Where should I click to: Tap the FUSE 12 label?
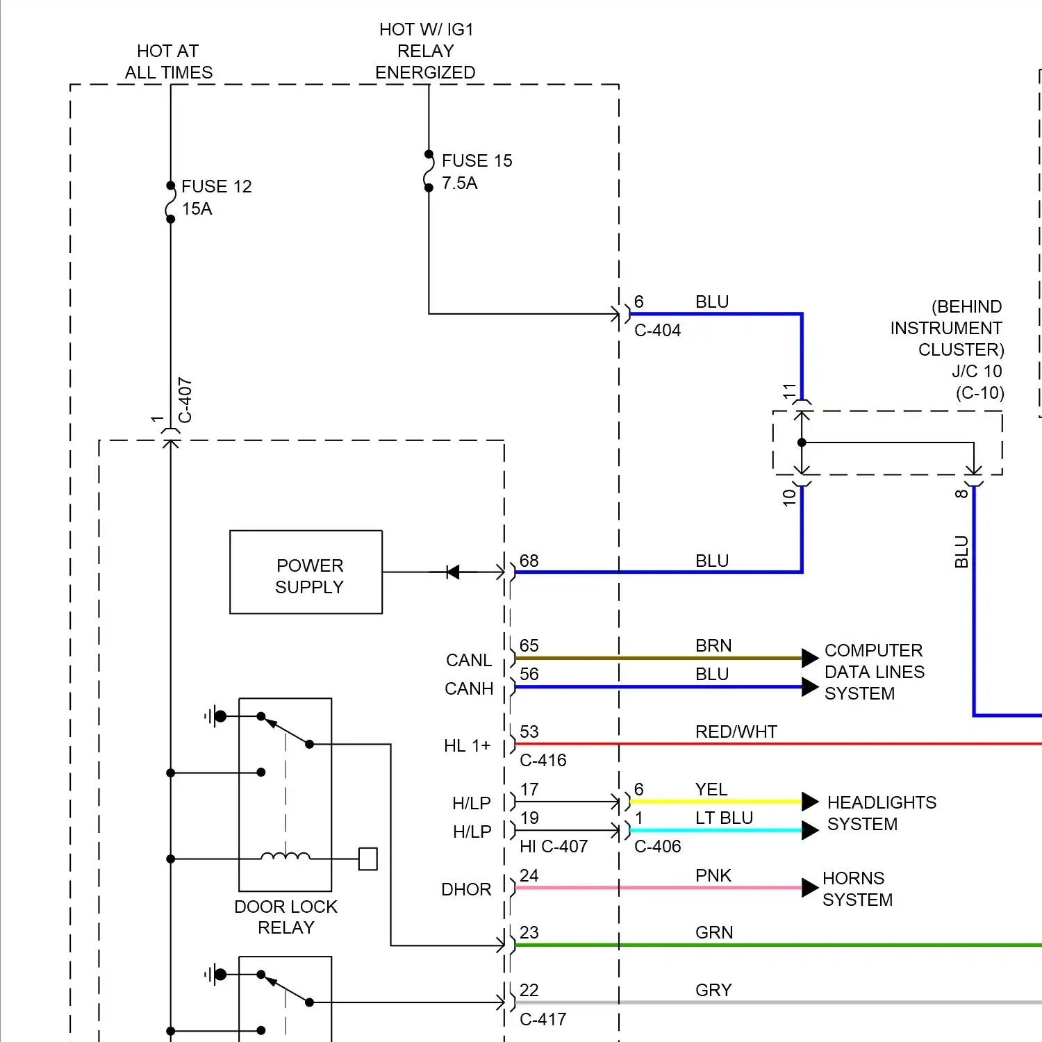[x=216, y=186]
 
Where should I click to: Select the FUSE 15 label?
[x=477, y=160]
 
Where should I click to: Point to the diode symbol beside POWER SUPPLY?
[x=452, y=572]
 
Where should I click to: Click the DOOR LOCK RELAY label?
[x=286, y=917]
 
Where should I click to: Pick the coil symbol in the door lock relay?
[x=286, y=856]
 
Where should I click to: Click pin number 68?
[x=529, y=561]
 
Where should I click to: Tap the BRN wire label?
[x=713, y=645]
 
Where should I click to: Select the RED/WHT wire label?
[x=736, y=731]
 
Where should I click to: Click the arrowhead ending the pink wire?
[x=810, y=888]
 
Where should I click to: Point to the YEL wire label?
[x=711, y=789]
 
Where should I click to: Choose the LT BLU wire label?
[x=724, y=818]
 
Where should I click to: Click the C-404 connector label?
[x=657, y=330]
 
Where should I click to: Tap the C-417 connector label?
[x=543, y=1019]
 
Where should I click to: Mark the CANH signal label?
[x=469, y=688]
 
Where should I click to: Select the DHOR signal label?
[x=466, y=889]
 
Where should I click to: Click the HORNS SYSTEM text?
[x=857, y=888]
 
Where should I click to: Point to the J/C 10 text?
[x=977, y=371]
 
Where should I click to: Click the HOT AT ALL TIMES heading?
[x=169, y=61]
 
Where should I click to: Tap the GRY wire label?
[x=713, y=990]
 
